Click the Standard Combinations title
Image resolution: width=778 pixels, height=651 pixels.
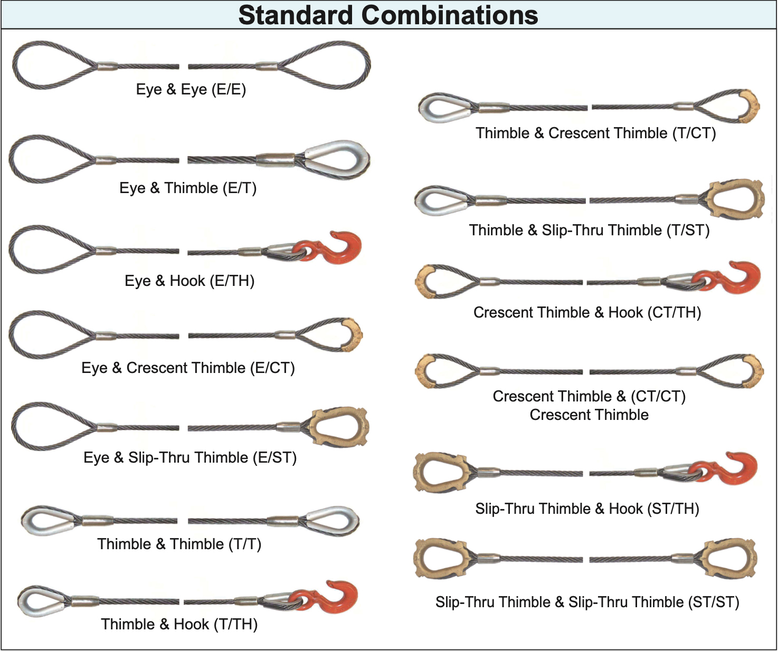388,15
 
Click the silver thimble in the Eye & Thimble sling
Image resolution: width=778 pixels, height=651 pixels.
338,159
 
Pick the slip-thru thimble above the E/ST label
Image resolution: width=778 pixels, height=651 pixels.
338,428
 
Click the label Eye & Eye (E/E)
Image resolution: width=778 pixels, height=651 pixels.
191,89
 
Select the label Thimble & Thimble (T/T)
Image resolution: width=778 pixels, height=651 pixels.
179,544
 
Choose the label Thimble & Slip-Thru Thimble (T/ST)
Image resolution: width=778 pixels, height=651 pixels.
589,230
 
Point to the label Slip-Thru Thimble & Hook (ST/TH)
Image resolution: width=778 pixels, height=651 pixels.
587,509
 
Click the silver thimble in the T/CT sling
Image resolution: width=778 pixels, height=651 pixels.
443,108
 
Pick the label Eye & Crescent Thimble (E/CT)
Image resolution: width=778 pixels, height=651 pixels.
188,368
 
